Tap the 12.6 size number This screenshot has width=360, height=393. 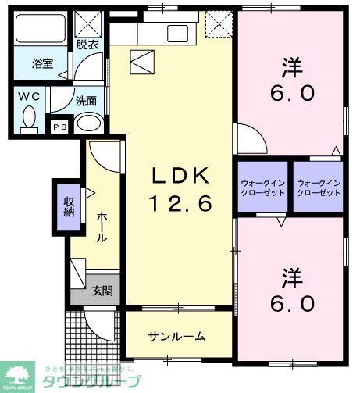(180, 204)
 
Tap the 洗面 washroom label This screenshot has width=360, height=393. (86, 101)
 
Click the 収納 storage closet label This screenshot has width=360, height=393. (68, 206)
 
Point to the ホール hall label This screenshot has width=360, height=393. (102, 227)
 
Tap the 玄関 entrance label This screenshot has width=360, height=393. (102, 291)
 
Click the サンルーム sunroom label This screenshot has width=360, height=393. (177, 336)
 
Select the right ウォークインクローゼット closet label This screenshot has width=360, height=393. (318, 188)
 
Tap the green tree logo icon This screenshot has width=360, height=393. (18, 373)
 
